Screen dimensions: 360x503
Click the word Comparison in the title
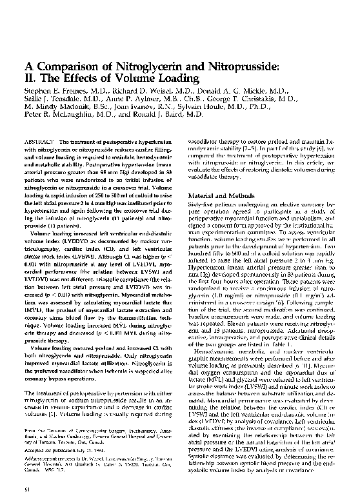tap(66, 66)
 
